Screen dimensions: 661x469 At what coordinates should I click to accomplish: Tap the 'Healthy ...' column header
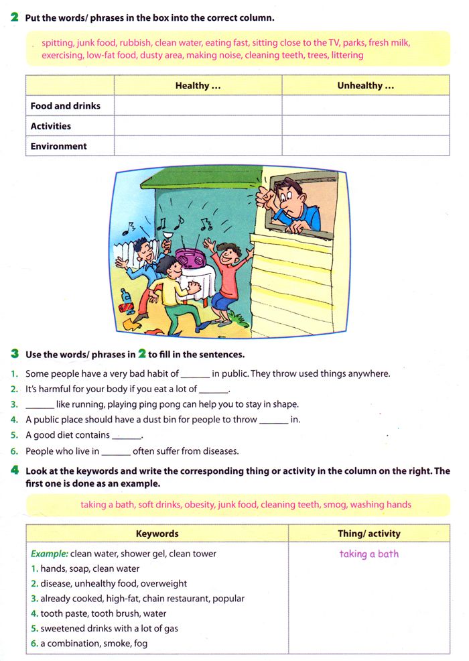click(x=198, y=86)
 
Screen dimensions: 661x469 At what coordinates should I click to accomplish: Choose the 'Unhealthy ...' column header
click(x=365, y=86)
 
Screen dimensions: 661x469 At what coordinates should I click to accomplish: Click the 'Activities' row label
click(x=51, y=126)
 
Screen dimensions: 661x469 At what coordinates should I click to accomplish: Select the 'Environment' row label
click(x=59, y=146)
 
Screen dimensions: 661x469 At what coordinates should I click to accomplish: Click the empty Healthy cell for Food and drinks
click(x=198, y=106)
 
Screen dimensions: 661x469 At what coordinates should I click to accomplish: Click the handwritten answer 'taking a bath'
click(x=368, y=554)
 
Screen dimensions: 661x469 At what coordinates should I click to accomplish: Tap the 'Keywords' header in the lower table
click(x=157, y=534)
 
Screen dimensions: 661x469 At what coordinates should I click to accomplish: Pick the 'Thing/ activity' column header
click(x=368, y=534)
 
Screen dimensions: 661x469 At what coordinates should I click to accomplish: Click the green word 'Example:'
click(x=49, y=554)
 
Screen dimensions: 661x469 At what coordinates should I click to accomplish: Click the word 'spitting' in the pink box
click(x=58, y=42)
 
